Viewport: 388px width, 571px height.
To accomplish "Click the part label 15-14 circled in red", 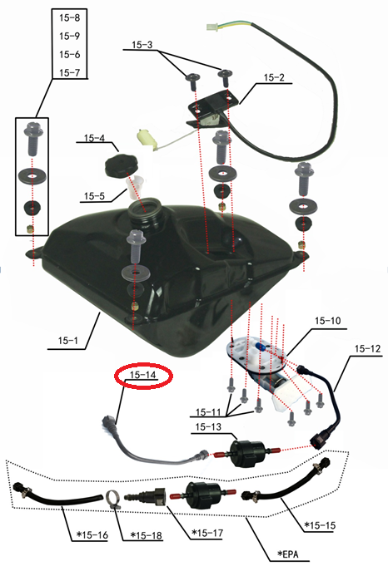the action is tap(143, 375).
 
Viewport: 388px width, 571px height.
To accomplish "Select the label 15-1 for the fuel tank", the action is tap(68, 341).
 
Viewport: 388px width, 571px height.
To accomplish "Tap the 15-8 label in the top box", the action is tap(70, 17).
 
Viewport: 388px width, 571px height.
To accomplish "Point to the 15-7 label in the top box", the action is tap(70, 72).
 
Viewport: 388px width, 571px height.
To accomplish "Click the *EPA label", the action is tap(288, 554).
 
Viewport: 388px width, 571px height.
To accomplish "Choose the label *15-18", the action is tap(146, 536).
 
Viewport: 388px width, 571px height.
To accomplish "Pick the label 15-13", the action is tap(208, 426).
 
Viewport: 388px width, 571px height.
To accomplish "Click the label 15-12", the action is tap(367, 349).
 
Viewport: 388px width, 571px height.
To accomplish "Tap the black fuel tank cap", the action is tap(122, 165).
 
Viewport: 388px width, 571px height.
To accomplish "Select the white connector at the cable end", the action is tap(211, 27).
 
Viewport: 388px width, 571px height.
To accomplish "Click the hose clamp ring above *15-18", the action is tap(114, 500).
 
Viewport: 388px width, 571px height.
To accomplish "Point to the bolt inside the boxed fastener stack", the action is tap(33, 140).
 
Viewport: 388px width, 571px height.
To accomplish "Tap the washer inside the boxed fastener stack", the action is tap(32, 177).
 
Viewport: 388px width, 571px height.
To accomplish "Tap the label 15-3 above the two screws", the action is tap(142, 45).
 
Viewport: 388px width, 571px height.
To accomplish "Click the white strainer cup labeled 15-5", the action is tap(135, 187).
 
